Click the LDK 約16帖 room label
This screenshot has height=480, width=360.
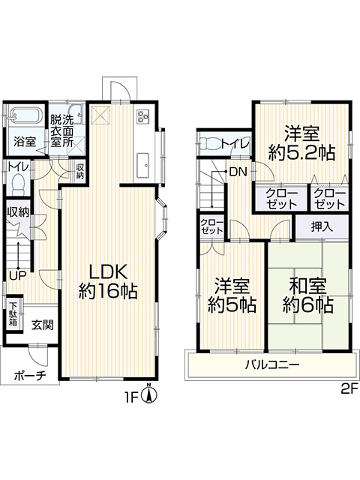coord(108,282)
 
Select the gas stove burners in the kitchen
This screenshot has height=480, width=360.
coord(143,116)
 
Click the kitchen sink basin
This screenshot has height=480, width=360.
coord(143,165)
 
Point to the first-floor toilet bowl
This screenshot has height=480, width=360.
coord(18,184)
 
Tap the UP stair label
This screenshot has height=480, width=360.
coord(17,276)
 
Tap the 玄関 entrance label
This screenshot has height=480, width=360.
coord(43,325)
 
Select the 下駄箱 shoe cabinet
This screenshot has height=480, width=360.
coord(13,314)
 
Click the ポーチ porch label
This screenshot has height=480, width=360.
coord(30,375)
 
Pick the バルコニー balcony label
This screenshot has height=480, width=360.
coord(272,364)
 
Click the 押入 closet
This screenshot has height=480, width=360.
coord(322,226)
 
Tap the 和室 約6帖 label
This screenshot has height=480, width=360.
coord(308,295)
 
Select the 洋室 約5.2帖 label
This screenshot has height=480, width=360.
coord(301,143)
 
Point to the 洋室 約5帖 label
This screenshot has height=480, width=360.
coord(232,295)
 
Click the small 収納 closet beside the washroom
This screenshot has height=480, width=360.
coord(80,172)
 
